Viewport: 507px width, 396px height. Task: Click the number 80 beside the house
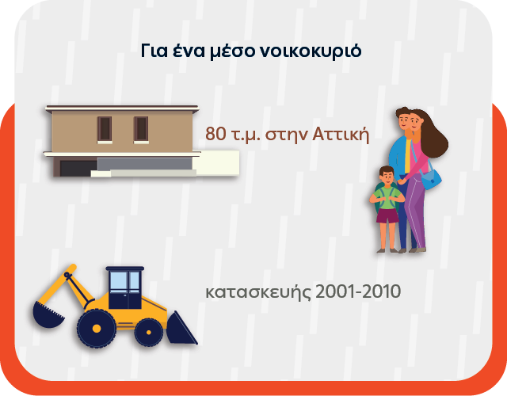pyautogui.click(x=215, y=134)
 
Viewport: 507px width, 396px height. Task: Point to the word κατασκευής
pyautogui.click(x=257, y=292)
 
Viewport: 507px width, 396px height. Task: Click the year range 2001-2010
pyautogui.click(x=357, y=291)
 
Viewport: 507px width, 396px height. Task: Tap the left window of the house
pyautogui.click(x=105, y=128)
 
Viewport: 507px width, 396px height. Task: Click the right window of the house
pyautogui.click(x=141, y=128)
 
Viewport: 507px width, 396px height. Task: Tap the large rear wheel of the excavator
pyautogui.click(x=97, y=326)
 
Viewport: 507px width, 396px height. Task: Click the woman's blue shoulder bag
pyautogui.click(x=432, y=179)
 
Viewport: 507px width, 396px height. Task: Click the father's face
pyautogui.click(x=403, y=123)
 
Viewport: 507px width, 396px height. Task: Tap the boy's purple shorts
pyautogui.click(x=387, y=215)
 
